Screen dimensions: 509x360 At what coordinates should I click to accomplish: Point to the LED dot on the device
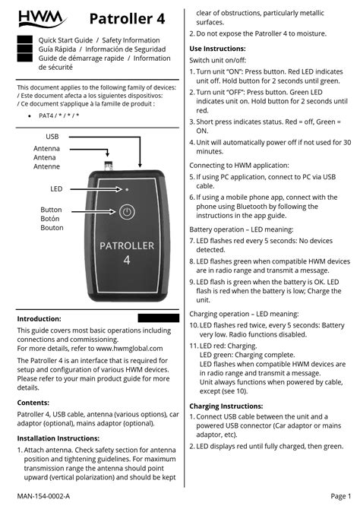(127, 188)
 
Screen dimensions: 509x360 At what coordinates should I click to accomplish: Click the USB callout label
(52, 136)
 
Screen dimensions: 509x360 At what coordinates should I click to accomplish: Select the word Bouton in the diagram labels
(52, 228)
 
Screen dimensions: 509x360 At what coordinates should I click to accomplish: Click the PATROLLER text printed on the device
(127, 245)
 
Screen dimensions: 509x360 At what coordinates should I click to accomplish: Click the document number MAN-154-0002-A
(43, 496)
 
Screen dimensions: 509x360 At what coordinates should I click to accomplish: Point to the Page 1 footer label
(340, 496)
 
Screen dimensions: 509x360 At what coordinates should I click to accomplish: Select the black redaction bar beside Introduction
(158, 318)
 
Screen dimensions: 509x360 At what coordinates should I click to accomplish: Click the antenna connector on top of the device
(109, 162)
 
